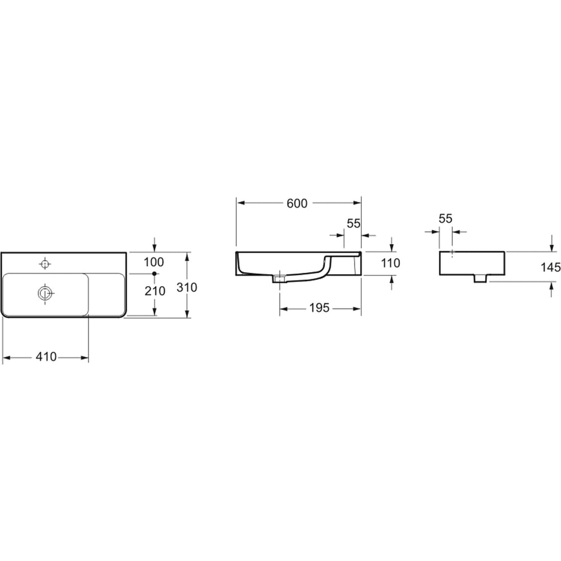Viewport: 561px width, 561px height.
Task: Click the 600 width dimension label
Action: tap(297, 203)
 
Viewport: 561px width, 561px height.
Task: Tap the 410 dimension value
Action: tap(46, 357)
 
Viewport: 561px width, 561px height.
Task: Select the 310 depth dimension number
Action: tap(187, 287)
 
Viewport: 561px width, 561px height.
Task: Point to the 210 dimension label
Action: tap(155, 291)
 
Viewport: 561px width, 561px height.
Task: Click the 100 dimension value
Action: tap(154, 262)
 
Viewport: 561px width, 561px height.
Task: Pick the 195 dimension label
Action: tap(319, 307)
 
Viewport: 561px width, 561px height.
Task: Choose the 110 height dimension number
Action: tap(390, 263)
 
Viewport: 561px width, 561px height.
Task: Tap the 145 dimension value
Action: tap(551, 267)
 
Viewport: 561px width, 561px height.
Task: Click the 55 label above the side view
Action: tap(445, 218)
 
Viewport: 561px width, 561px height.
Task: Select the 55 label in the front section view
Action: tap(353, 223)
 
